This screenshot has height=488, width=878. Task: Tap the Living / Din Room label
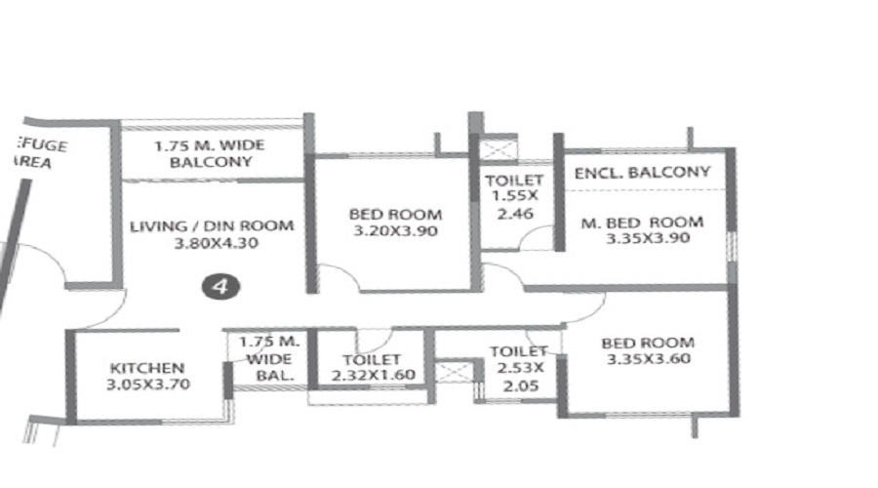pos(212,226)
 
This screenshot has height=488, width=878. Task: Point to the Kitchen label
pos(147,368)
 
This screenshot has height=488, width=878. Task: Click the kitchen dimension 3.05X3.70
pos(147,385)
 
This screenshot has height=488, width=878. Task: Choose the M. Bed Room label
pos(642,222)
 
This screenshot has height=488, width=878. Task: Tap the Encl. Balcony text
pos(642,173)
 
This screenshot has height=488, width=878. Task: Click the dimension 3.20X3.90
pos(396,231)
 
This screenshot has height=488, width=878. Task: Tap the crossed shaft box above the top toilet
pos(499,148)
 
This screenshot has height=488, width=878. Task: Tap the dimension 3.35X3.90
pos(647,238)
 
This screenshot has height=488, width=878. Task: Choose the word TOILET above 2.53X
pos(518,351)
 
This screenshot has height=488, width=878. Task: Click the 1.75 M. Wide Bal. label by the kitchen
pos(267,358)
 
